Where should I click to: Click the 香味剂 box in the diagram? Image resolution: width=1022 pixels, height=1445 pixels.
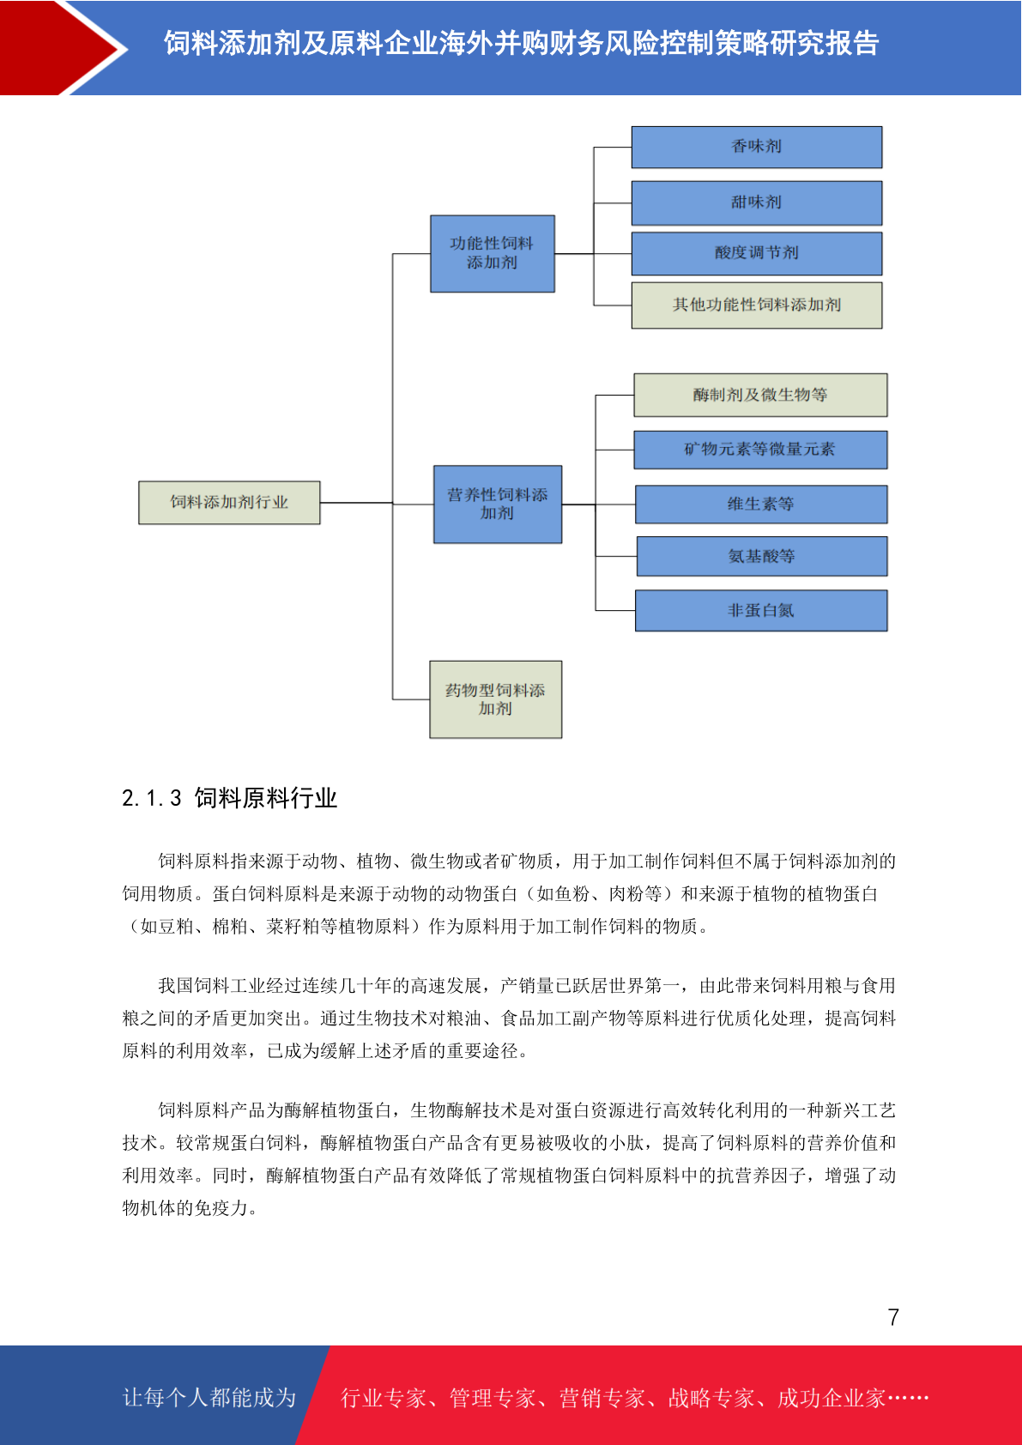(756, 147)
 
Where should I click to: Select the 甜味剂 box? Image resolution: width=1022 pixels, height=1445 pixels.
(756, 203)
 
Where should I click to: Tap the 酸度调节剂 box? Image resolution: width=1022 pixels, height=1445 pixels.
(756, 253)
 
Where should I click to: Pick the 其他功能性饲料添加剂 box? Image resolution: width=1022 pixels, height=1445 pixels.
(756, 305)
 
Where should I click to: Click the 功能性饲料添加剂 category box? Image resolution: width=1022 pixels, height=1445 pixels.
(493, 253)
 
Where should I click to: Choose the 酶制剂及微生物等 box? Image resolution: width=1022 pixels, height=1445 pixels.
(760, 395)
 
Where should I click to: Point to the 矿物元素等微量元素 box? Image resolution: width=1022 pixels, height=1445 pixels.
(760, 450)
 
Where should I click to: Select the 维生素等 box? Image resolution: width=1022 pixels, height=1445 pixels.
(760, 504)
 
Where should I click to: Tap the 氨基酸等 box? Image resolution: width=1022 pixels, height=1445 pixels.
(761, 556)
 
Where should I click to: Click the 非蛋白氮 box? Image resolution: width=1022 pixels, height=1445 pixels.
(760, 610)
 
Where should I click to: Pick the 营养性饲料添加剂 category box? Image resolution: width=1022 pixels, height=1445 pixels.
(498, 505)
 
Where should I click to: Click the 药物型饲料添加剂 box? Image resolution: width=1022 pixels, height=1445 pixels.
(495, 699)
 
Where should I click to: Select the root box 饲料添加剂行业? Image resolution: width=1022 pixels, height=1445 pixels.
(229, 503)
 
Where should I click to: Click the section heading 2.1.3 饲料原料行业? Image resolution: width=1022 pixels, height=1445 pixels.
(230, 798)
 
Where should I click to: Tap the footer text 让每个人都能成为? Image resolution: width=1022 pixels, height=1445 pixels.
(209, 1397)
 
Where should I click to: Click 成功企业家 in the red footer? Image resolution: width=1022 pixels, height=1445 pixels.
(832, 1398)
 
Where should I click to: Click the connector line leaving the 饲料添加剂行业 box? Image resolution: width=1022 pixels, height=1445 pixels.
(356, 503)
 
